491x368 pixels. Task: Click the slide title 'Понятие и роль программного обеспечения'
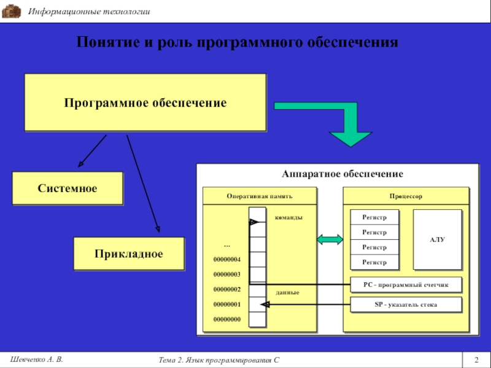pos(237,42)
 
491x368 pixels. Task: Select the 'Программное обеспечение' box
pos(145,102)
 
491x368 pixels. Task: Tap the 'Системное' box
pos(68,188)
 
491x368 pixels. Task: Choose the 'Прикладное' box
pos(128,253)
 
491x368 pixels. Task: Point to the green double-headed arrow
pos(330,240)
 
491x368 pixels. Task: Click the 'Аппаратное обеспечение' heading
pos(342,174)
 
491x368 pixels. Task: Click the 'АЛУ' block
pos(437,239)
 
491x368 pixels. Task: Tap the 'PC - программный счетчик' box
pos(406,285)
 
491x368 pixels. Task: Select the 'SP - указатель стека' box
pos(406,305)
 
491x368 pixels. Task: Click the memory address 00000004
pos(226,259)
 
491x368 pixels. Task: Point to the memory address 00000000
pos(226,320)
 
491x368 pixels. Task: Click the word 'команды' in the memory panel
pos(288,217)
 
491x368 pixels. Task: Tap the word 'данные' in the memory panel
pos(287,293)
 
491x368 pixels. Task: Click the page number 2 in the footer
pos(476,359)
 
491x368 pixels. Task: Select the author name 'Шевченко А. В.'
pos(36,358)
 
